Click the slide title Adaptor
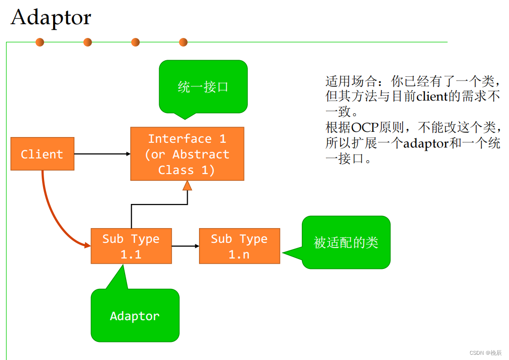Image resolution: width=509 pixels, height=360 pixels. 51,18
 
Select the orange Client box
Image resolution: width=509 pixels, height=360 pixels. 42,154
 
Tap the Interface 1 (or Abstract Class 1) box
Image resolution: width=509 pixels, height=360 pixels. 187,154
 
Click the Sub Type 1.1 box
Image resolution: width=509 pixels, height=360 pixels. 131,246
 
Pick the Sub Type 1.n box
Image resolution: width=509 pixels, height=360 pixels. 239,246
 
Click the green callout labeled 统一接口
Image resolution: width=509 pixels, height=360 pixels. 203,87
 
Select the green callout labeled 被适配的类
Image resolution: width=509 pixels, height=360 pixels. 346,242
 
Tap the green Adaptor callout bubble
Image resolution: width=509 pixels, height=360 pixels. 135,316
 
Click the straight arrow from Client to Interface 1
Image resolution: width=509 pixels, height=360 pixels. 102,154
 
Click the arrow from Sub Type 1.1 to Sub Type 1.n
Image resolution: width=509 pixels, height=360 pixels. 185,246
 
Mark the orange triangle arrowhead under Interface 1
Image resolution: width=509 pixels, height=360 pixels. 187,185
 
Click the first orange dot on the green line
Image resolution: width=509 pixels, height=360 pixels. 40,42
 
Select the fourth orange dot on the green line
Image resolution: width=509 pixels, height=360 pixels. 183,42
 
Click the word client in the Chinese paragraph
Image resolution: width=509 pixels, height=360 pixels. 432,96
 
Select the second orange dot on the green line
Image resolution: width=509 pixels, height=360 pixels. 88,42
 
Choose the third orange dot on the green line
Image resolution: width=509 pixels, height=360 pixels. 136,42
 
